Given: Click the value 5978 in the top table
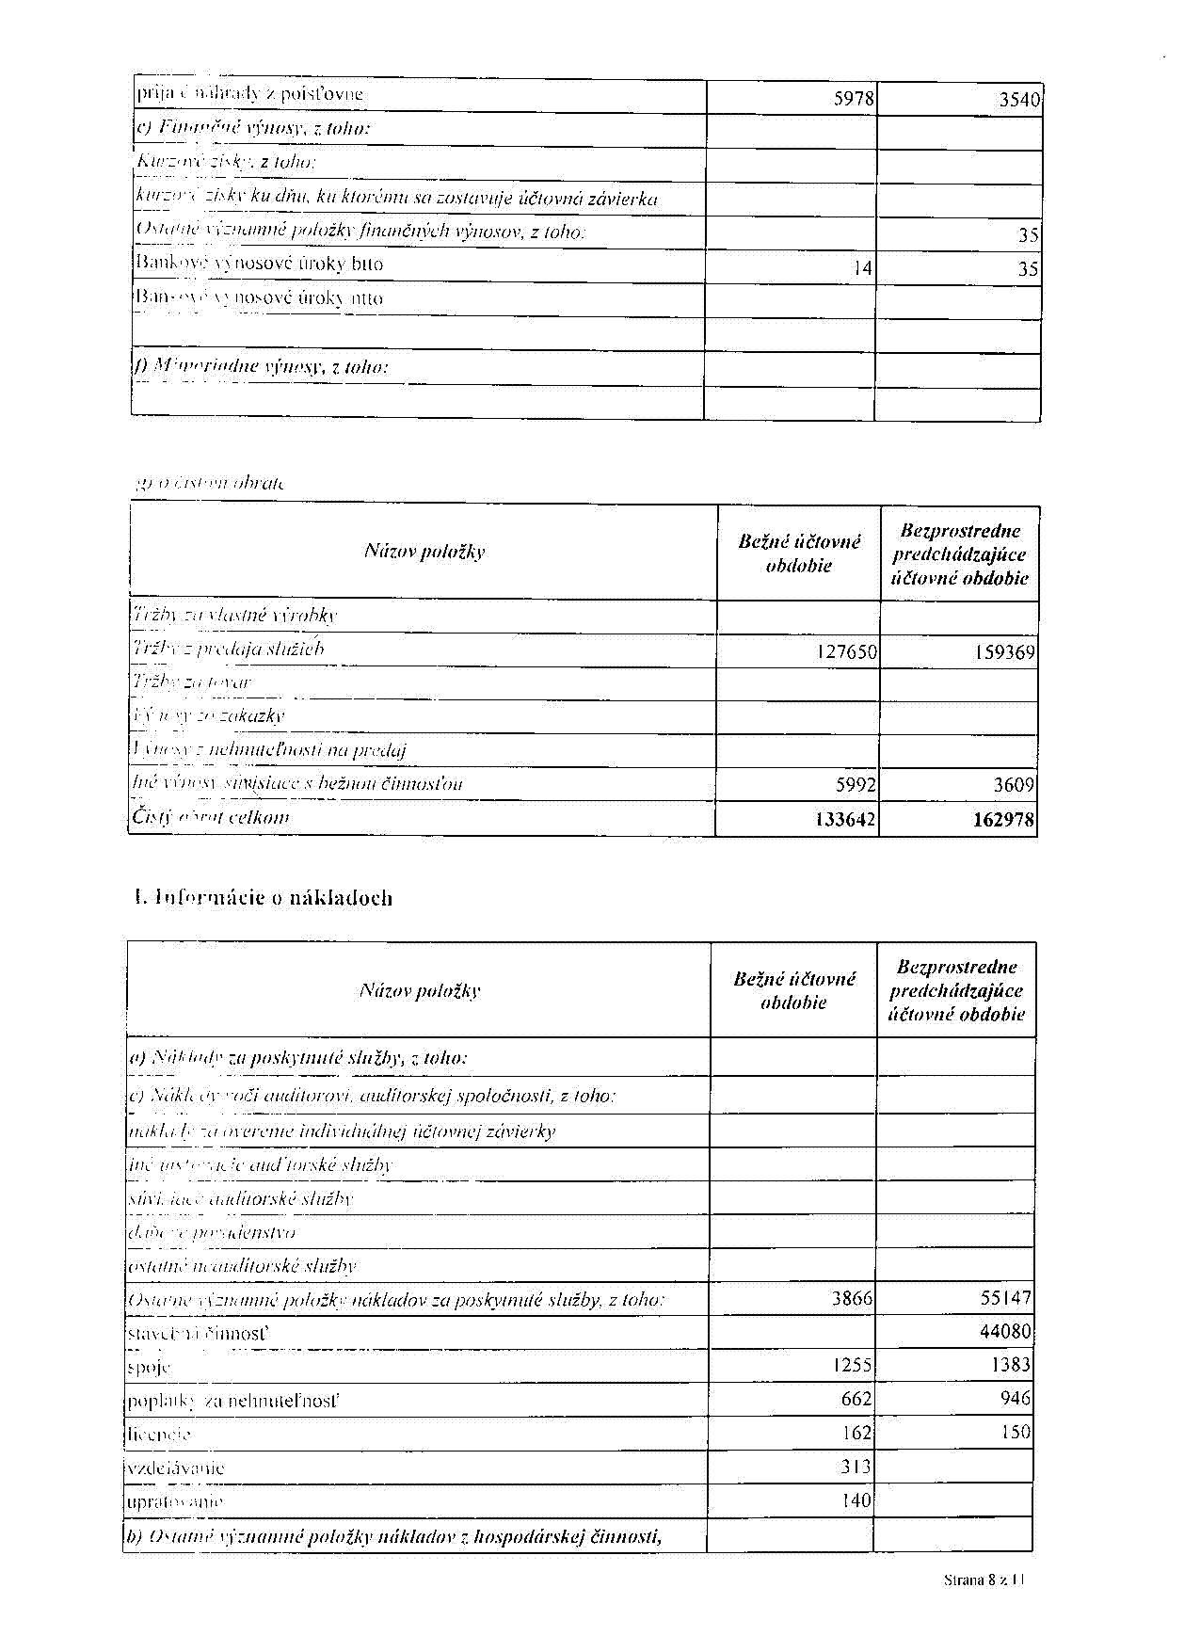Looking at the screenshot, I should [x=854, y=99].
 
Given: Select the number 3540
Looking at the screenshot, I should [x=1019, y=100].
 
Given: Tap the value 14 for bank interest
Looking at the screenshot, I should [x=863, y=268].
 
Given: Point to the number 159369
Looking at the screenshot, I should [x=1004, y=652].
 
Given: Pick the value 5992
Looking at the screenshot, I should [x=855, y=785].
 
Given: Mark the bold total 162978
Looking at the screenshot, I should [x=1003, y=820].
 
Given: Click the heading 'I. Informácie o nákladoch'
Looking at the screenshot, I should [x=264, y=898].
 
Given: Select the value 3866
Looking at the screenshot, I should [x=852, y=1299].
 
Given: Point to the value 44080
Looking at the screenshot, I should [x=1005, y=1332].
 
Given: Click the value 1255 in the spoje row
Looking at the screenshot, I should [x=852, y=1365].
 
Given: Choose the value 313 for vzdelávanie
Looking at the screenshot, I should [x=856, y=1467].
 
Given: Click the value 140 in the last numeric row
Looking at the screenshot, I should [x=856, y=1500].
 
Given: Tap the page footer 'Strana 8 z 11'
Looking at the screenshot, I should [x=984, y=1580].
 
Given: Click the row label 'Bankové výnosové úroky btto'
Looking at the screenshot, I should [x=260, y=264].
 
